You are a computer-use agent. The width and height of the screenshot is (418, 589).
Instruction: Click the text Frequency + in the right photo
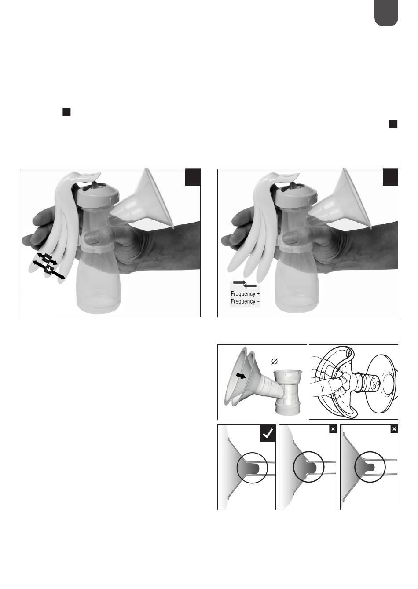pyautogui.click(x=245, y=294)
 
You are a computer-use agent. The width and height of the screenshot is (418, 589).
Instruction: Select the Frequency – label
pyautogui.click(x=245, y=301)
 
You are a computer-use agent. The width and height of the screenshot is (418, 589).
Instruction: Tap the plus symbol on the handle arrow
pyautogui.click(x=49, y=270)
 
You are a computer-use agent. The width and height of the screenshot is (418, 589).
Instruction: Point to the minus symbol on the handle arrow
pyautogui.click(x=47, y=259)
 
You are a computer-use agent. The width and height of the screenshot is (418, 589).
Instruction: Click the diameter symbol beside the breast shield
pyautogui.click(x=275, y=362)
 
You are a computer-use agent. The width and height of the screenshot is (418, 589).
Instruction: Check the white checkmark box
pyautogui.click(x=268, y=433)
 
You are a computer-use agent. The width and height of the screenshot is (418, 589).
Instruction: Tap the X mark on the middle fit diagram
pyautogui.click(x=333, y=429)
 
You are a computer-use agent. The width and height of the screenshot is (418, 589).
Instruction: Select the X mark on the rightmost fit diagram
pyautogui.click(x=394, y=429)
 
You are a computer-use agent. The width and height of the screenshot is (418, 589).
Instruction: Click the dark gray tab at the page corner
pyautogui.click(x=386, y=13)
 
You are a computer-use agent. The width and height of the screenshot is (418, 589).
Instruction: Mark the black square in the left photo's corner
pyautogui.click(x=193, y=177)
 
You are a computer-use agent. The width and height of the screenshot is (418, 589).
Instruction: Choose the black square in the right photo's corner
pyautogui.click(x=390, y=177)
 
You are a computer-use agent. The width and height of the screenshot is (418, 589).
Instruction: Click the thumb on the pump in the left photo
pyautogui.click(x=93, y=236)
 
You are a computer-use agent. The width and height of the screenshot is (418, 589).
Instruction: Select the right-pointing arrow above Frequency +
pyautogui.click(x=240, y=282)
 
